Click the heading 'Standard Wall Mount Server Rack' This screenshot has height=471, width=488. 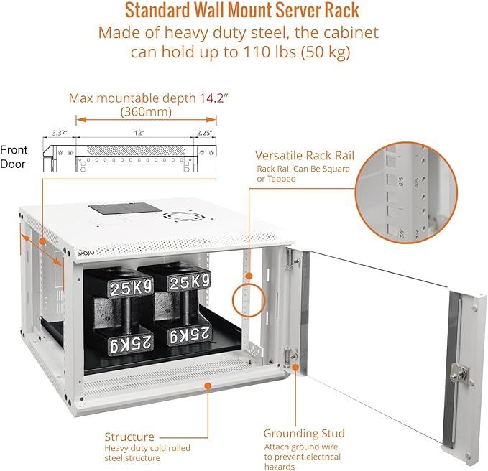click(242, 11)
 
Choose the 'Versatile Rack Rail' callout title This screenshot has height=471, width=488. click(315, 156)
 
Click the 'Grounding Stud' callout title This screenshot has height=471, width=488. click(304, 434)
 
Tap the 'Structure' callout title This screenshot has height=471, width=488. click(129, 437)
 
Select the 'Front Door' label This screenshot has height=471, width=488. click(14, 157)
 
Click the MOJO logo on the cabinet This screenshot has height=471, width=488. click(85, 254)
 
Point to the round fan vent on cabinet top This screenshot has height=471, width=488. click(176, 215)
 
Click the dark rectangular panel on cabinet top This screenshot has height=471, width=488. click(125, 207)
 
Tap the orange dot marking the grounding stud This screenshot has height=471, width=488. click(295, 367)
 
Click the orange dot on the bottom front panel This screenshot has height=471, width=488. click(207, 385)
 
